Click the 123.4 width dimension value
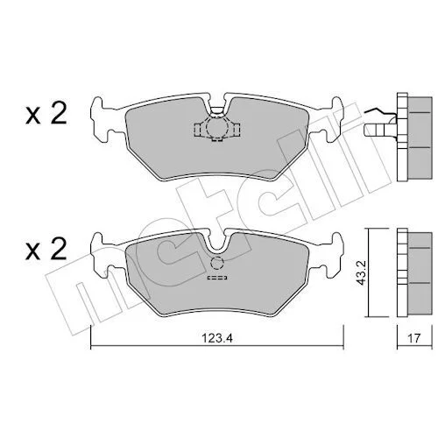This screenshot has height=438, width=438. (x=217, y=338)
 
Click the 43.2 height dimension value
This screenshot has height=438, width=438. (x=363, y=272)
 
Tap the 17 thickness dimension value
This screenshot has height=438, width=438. (x=414, y=338)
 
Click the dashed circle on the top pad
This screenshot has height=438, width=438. (x=216, y=127)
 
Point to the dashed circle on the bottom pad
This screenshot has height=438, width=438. (x=216, y=264)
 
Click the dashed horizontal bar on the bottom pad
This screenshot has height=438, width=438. (x=217, y=278)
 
